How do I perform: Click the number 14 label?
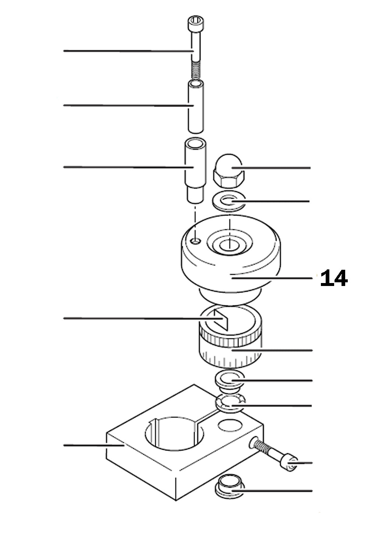pyautogui.click(x=333, y=279)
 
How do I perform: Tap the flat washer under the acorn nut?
pyautogui.click(x=229, y=201)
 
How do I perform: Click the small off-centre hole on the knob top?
pyautogui.click(x=196, y=241)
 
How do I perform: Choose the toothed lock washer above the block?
pyautogui.click(x=230, y=404)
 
